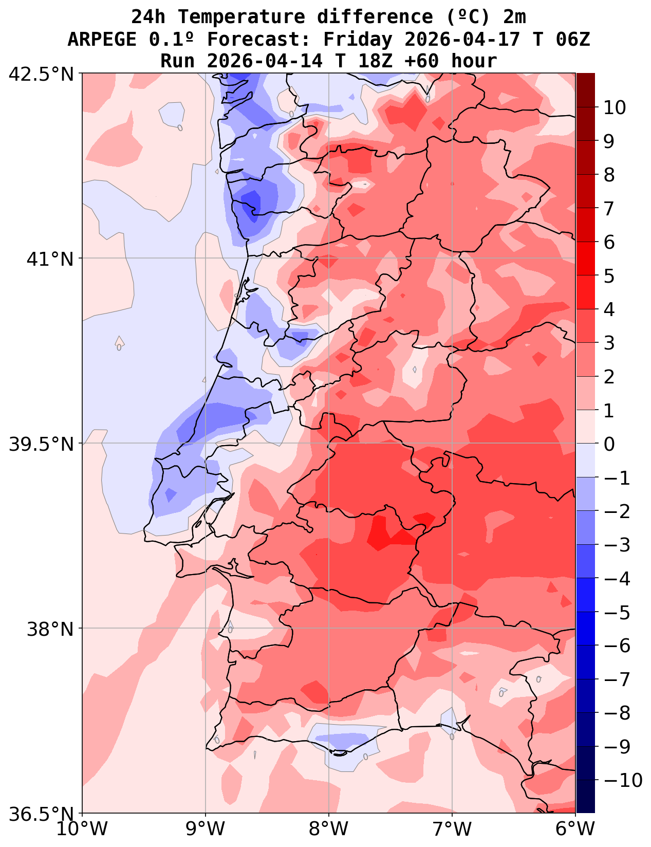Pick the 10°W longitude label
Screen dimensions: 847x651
point(82,828)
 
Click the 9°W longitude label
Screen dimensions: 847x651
point(206,828)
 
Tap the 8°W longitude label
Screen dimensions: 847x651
point(329,828)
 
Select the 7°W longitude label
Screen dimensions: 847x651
point(452,828)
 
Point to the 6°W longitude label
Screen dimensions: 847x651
point(575,828)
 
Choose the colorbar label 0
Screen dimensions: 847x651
point(609,444)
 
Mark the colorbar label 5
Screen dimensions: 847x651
point(609,276)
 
